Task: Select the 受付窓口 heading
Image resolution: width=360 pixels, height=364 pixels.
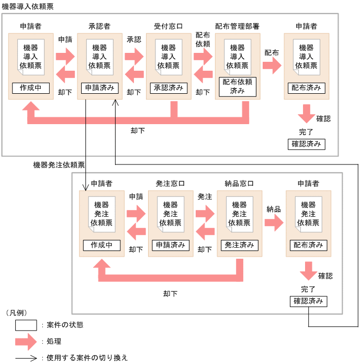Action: (168, 26)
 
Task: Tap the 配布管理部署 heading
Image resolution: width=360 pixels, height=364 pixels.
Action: (237, 26)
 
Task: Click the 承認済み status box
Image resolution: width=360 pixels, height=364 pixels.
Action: (168, 88)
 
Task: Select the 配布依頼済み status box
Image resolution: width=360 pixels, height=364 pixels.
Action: (237, 87)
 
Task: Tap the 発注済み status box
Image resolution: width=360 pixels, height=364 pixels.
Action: (239, 245)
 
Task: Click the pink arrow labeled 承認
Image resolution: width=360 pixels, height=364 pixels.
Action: (134, 56)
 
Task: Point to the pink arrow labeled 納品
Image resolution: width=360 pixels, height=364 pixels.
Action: (274, 222)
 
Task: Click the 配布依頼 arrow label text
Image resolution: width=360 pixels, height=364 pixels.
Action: (203, 39)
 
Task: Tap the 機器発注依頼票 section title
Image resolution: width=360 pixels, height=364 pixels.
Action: (59, 166)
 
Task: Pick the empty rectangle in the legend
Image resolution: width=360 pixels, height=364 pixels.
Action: (26, 325)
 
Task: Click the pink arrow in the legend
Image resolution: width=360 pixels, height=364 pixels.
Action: (26, 342)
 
